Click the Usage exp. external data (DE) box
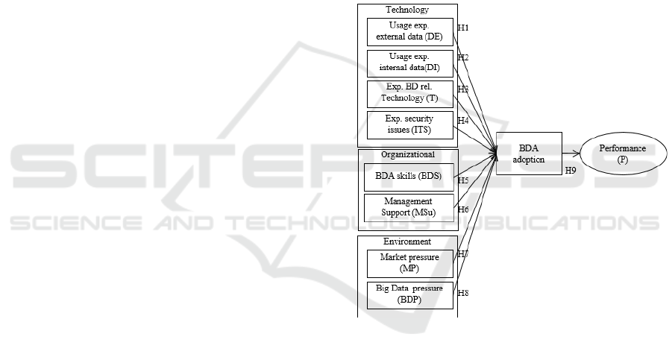[410, 32]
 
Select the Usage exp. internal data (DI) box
[410, 63]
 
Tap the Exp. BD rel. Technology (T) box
[410, 95]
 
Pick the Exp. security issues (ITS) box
[410, 125]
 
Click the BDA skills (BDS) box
[410, 178]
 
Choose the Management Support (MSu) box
[410, 207]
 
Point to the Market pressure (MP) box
[410, 264]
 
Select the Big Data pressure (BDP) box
[410, 294]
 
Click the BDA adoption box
[528, 154]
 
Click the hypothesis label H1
[462, 28]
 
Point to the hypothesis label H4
[462, 120]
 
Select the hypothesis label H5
[462, 180]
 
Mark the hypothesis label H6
[462, 209]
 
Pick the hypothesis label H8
[462, 293]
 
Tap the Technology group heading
[407, 10]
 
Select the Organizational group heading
[407, 155]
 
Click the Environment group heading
[407, 241]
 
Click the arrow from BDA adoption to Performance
[572, 154]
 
